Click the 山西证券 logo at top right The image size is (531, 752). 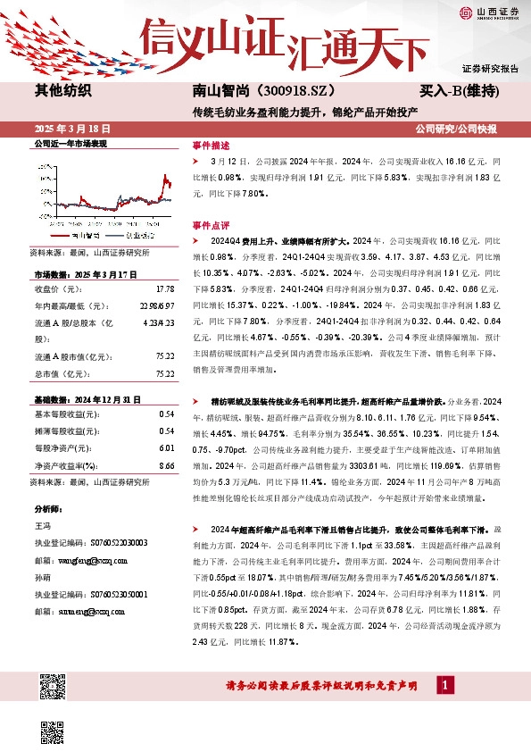coord(489,13)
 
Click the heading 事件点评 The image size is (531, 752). coord(211,225)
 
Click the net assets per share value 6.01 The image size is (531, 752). coord(167,448)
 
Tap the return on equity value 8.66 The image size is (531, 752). coord(167,465)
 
